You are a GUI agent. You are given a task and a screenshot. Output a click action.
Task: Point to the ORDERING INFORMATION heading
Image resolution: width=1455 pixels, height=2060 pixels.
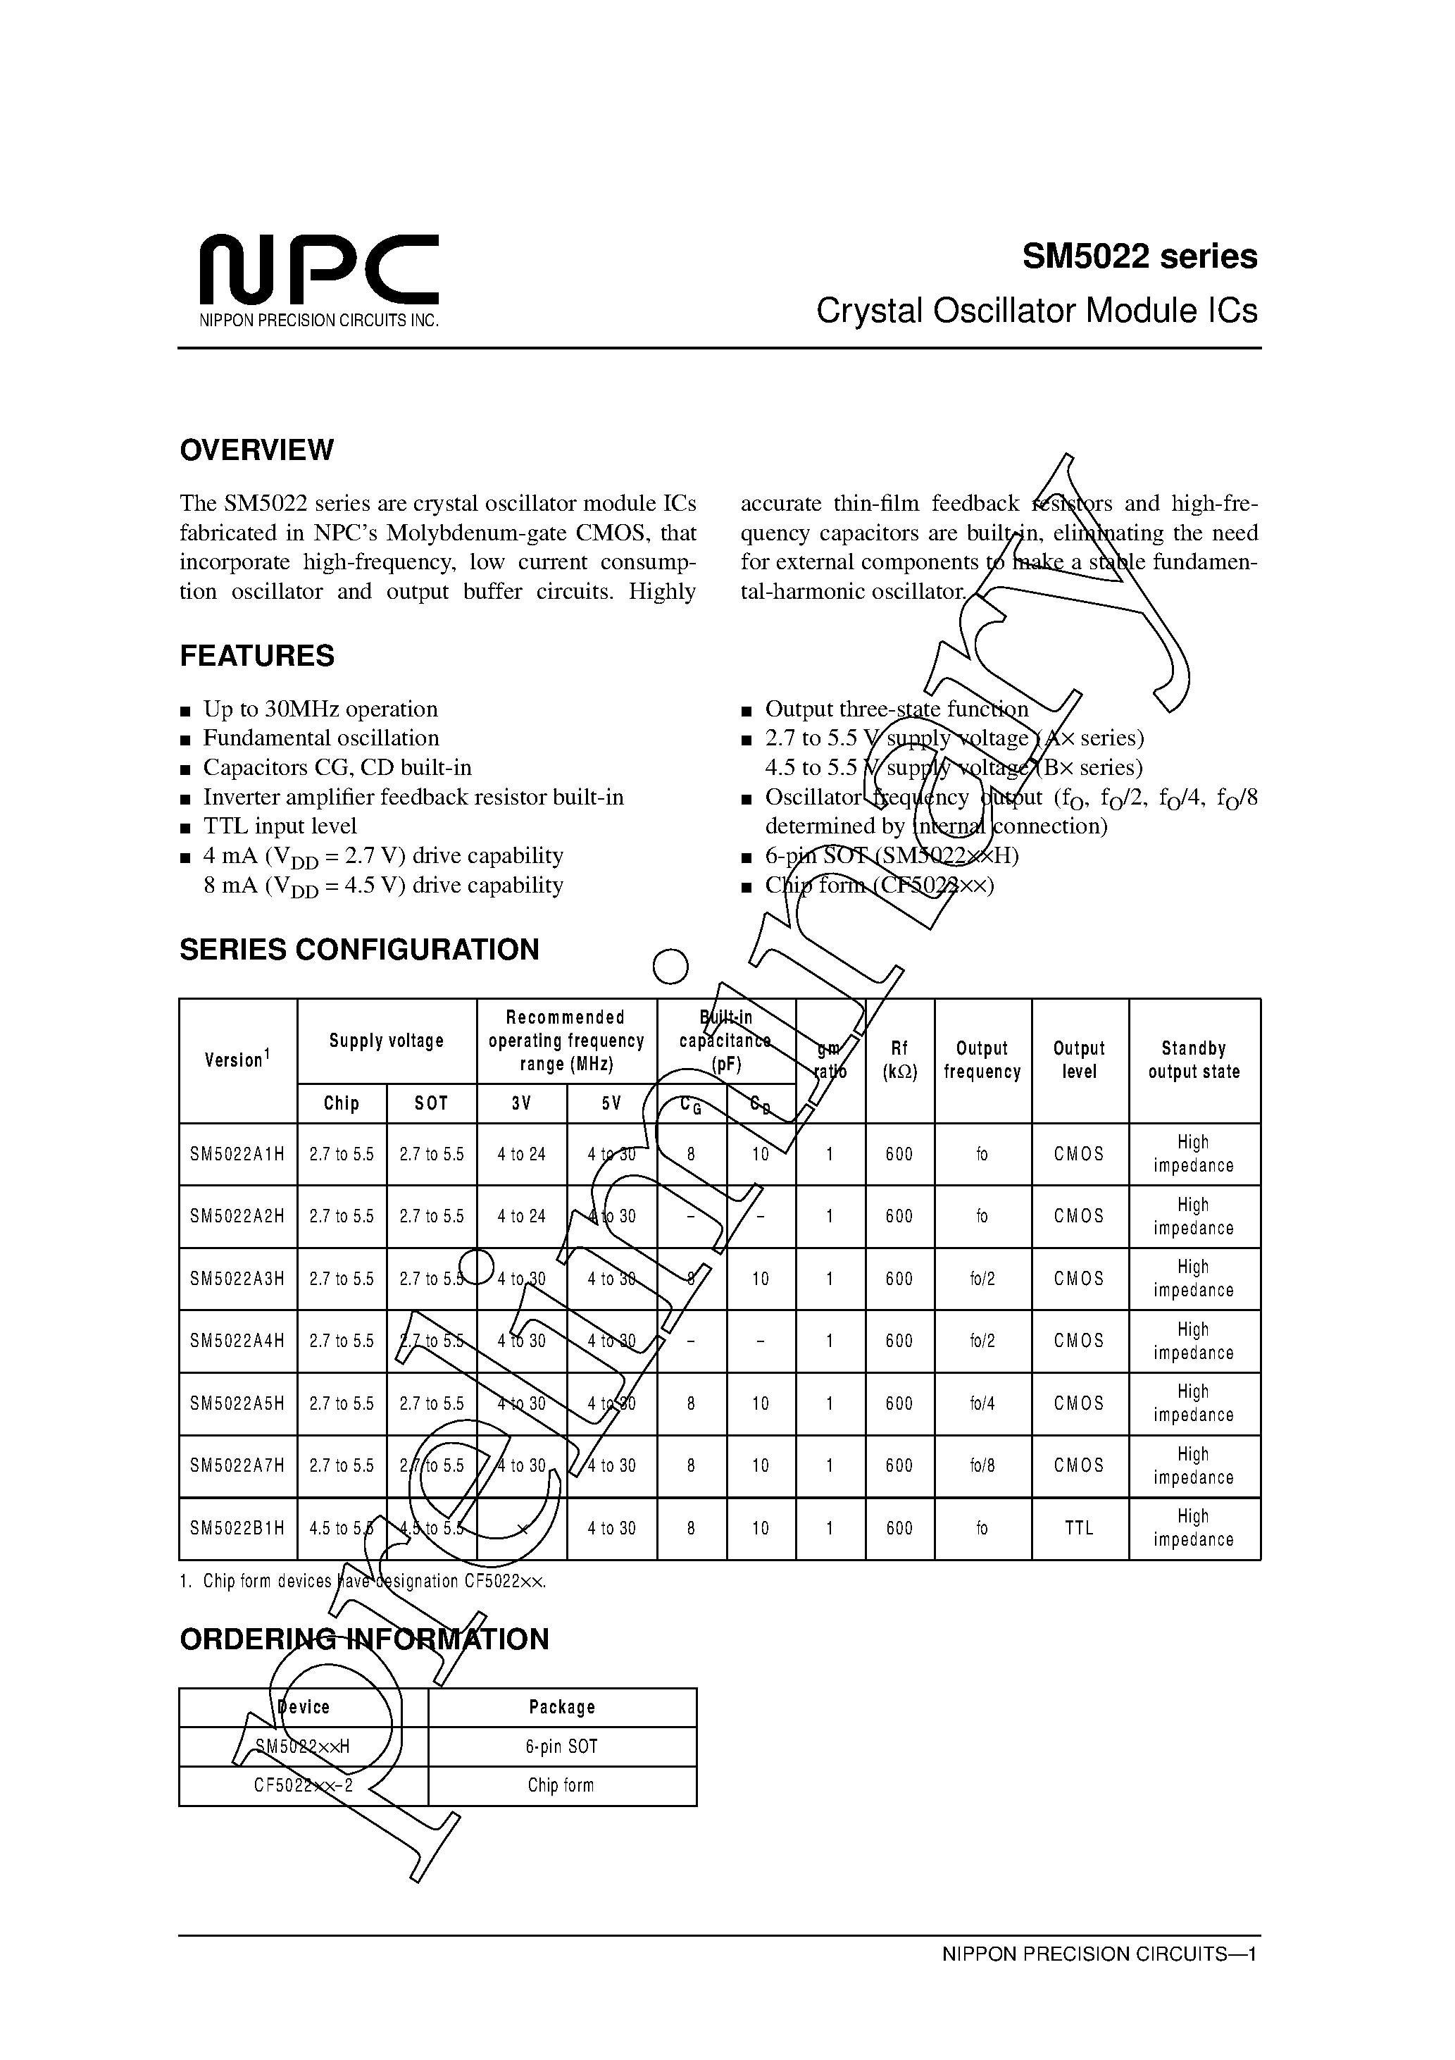pyautogui.click(x=364, y=1639)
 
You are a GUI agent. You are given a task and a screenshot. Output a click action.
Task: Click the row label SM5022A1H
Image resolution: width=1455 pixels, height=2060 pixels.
pyautogui.click(x=237, y=1155)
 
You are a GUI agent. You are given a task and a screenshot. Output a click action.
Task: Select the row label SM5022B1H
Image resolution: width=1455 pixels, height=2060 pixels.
pyautogui.click(x=237, y=1528)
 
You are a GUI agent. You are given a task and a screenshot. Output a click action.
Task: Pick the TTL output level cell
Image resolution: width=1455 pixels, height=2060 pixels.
pyautogui.click(x=1079, y=1528)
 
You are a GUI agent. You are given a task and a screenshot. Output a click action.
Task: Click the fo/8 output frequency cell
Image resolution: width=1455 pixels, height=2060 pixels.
pyautogui.click(x=982, y=1466)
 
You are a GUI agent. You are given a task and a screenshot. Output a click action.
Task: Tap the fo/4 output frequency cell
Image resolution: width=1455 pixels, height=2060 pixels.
pyautogui.click(x=982, y=1403)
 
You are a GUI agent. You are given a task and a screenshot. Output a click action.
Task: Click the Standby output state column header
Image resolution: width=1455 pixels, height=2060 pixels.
pyautogui.click(x=1194, y=1060)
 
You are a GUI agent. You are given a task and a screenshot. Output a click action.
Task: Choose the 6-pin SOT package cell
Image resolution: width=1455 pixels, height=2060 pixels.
pyautogui.click(x=561, y=1747)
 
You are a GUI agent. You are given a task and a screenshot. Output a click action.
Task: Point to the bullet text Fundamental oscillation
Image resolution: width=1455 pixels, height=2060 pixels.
pyautogui.click(x=321, y=738)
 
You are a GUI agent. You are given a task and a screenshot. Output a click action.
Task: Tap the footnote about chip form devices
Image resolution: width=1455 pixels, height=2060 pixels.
pyautogui.click(x=363, y=1581)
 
